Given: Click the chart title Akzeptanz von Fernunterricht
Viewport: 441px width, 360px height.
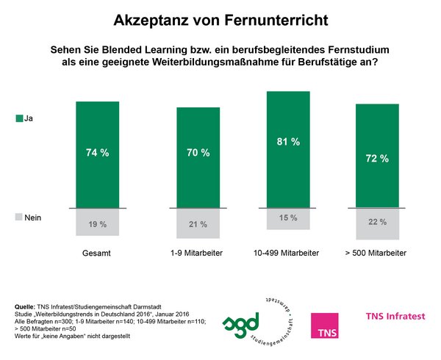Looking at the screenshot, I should point(221,17).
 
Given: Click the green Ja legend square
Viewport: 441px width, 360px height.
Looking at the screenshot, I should point(18,118).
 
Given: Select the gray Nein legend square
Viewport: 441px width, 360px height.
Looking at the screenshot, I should point(18,218).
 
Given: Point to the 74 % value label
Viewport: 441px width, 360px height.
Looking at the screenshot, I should point(97,153).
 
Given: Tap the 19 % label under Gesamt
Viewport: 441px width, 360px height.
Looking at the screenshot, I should point(97,222).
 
